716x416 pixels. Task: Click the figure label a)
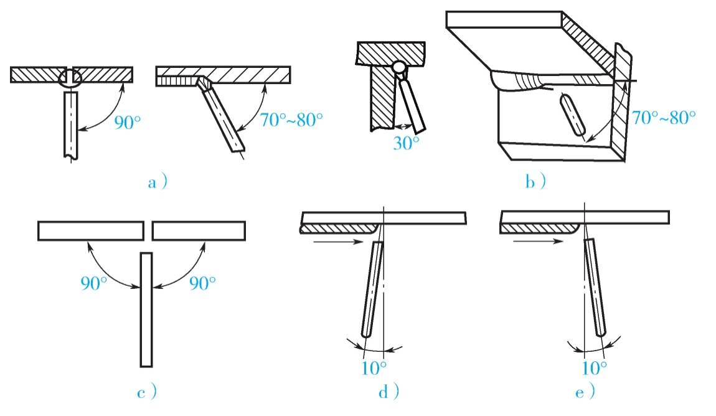click(x=158, y=182)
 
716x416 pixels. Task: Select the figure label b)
click(x=535, y=182)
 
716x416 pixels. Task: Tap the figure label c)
click(x=147, y=392)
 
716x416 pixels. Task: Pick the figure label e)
click(x=585, y=392)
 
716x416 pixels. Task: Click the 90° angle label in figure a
click(x=128, y=123)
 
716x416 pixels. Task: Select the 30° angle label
click(x=406, y=143)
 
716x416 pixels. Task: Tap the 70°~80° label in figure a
click(x=291, y=120)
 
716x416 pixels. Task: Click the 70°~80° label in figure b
click(x=664, y=117)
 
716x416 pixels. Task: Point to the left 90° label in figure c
click(x=93, y=283)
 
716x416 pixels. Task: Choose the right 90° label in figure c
click(x=202, y=283)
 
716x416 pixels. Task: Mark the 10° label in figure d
click(x=374, y=367)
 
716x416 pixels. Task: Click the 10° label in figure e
click(x=595, y=367)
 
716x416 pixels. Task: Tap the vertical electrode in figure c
click(x=146, y=310)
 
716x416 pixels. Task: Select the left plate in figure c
click(x=91, y=230)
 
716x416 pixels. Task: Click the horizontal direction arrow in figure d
click(x=338, y=242)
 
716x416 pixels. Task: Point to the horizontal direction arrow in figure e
click(x=539, y=240)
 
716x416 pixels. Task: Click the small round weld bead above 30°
click(x=399, y=67)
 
